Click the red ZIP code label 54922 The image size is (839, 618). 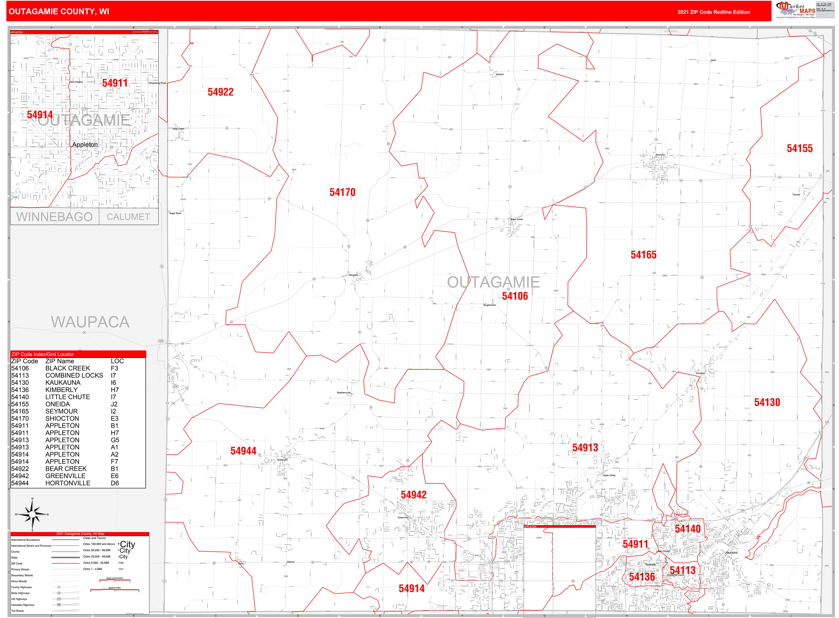tap(220, 92)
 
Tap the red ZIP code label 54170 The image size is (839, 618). tap(342, 192)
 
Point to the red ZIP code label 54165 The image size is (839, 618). tap(643, 255)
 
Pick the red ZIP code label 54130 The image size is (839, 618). tap(767, 402)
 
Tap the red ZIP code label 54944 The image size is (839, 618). tap(243, 451)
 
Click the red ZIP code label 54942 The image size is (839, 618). tap(413, 495)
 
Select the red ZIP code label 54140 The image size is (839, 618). tap(688, 529)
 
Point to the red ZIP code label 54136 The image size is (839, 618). tap(642, 577)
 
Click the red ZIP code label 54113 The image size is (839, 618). tap(682, 570)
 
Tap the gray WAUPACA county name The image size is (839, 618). tap(90, 322)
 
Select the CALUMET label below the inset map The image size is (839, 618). tap(128, 217)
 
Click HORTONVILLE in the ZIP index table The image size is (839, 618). tap(68, 483)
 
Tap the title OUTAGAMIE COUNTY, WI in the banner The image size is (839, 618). tap(59, 12)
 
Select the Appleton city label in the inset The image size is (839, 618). tap(85, 145)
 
